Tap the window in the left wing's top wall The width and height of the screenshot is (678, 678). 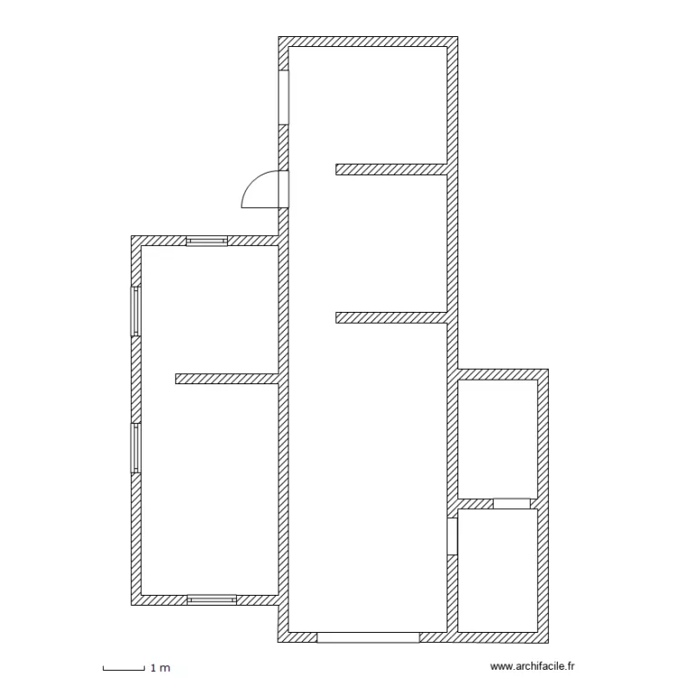(207, 241)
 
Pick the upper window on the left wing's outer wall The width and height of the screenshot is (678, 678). (137, 311)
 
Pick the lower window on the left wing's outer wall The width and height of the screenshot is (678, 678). (137, 447)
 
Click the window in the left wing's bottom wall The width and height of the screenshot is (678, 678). (212, 599)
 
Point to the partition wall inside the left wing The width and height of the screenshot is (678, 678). (226, 379)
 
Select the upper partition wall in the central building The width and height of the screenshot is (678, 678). (391, 169)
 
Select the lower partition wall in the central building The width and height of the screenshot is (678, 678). (391, 317)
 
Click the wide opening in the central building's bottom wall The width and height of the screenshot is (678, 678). (368, 636)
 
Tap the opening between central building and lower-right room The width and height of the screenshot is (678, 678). (452, 535)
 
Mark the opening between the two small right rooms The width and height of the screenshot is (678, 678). (511, 504)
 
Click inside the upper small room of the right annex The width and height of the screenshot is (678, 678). (498, 438)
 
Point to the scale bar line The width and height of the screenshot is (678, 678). (124, 669)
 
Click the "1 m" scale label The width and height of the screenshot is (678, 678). (160, 668)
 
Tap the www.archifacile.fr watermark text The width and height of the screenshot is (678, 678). (532, 665)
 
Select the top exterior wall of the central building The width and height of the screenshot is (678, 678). (368, 42)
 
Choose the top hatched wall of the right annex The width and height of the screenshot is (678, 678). (503, 374)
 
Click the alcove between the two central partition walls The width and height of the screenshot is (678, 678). (391, 242)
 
